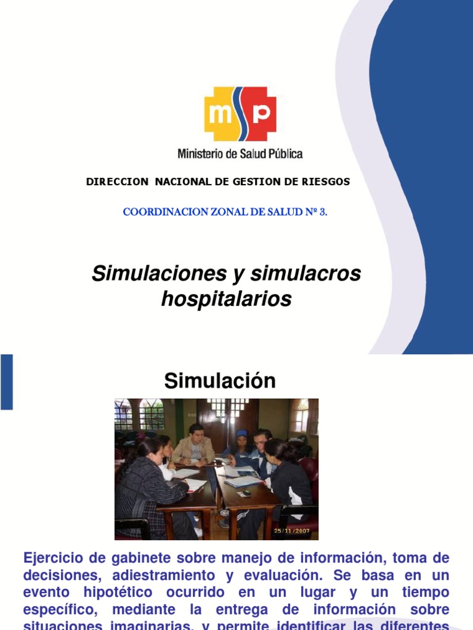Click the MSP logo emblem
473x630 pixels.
tap(240, 114)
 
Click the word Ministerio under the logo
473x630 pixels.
tap(200, 153)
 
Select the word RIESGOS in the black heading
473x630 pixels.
tap(327, 181)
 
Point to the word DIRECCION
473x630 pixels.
tap(117, 181)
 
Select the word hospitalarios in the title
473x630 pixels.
tap(226, 299)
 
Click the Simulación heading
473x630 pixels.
tap(220, 381)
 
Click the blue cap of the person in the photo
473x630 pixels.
tap(242, 434)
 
